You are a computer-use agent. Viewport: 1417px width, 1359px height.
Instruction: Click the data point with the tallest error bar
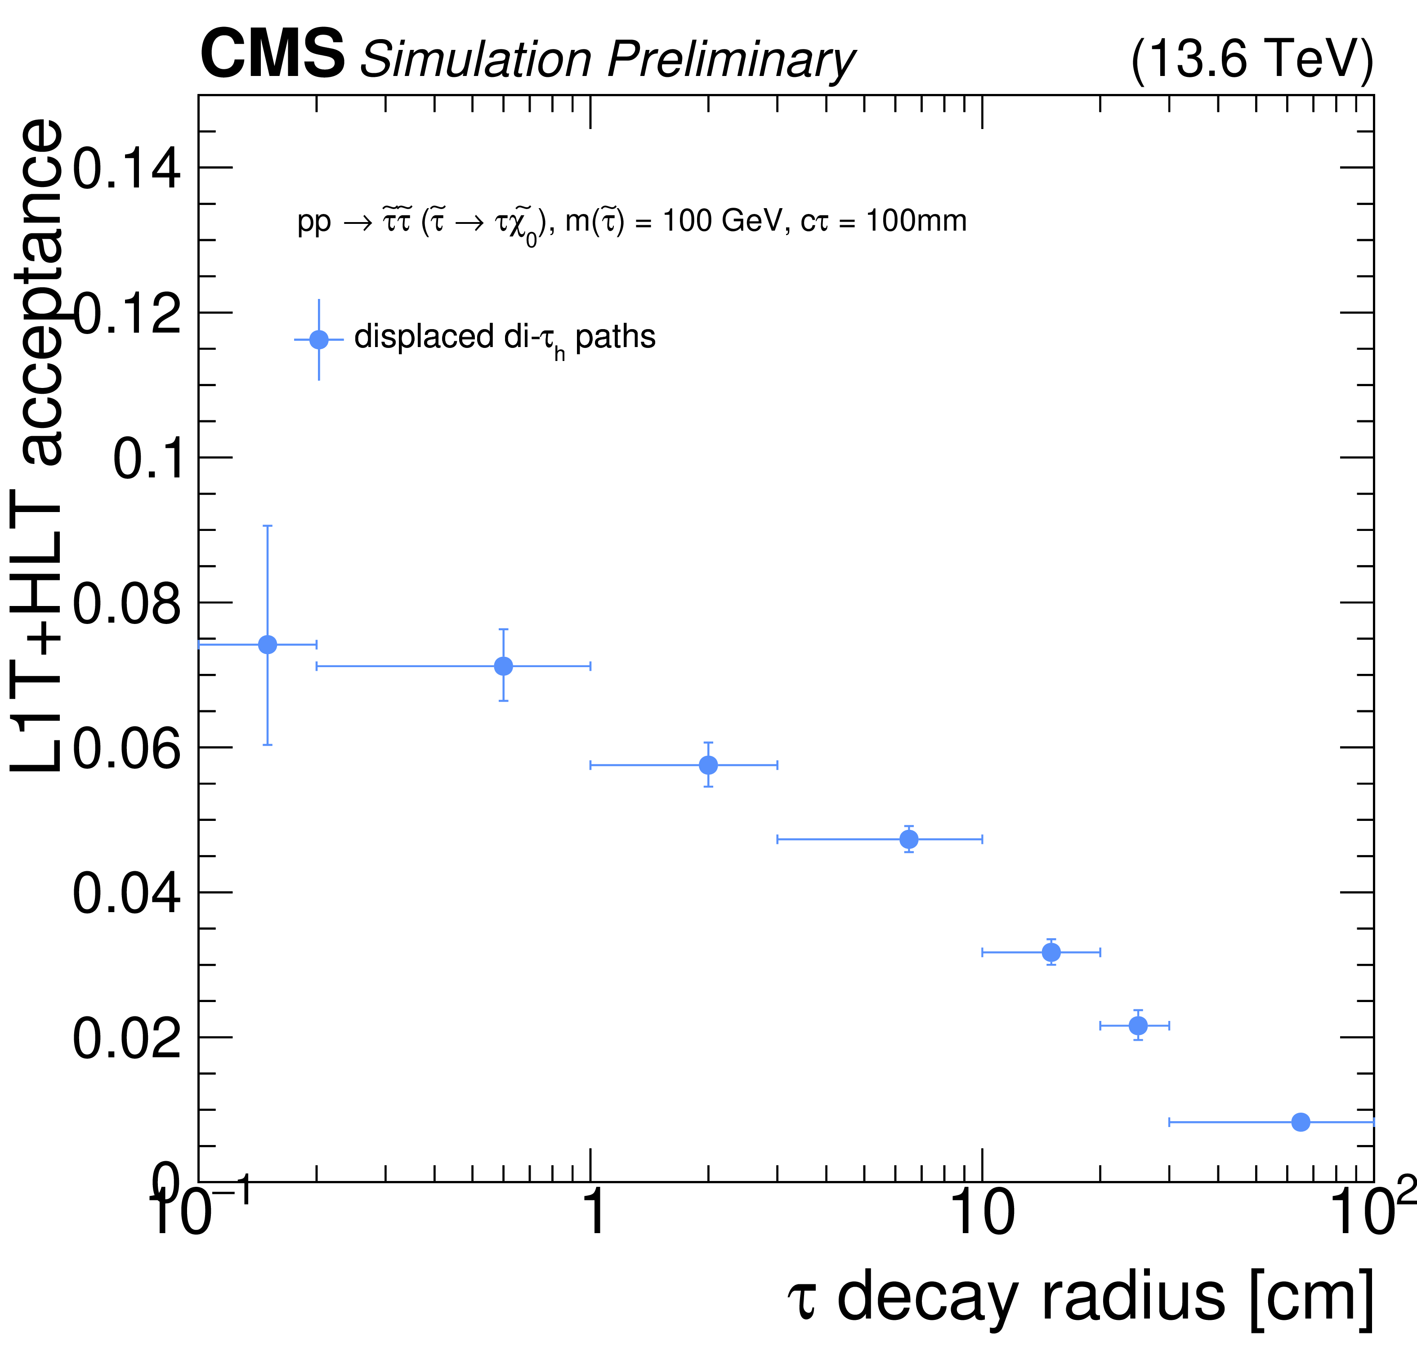268,644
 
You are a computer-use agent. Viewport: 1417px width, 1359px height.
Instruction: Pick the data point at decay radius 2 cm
709,765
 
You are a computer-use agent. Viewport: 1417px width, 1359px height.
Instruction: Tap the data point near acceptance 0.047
909,839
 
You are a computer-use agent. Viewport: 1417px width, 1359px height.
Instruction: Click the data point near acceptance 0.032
1051,953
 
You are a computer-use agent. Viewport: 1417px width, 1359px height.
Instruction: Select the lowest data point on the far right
1301,1122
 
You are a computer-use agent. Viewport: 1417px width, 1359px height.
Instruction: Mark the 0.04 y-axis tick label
126,893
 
